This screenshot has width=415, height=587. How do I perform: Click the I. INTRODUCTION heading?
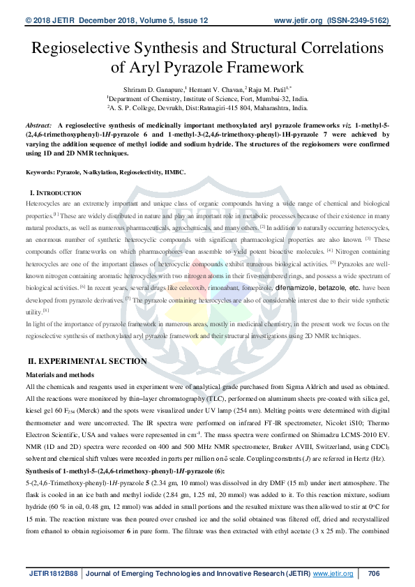[54, 191]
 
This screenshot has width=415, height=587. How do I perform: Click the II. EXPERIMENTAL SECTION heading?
[86, 361]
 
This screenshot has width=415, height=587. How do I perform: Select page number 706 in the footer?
[373, 574]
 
